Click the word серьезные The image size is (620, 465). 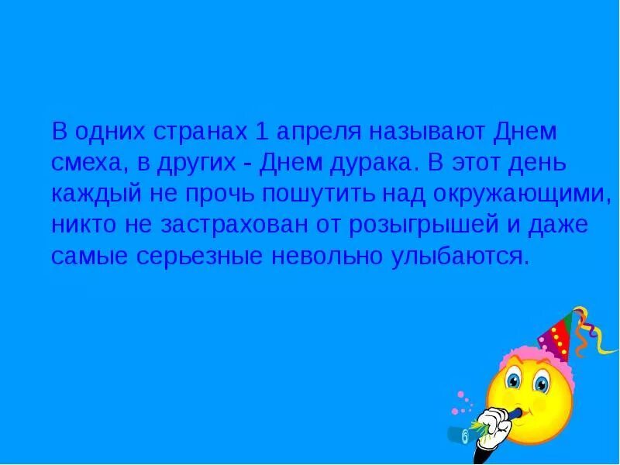point(189,257)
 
